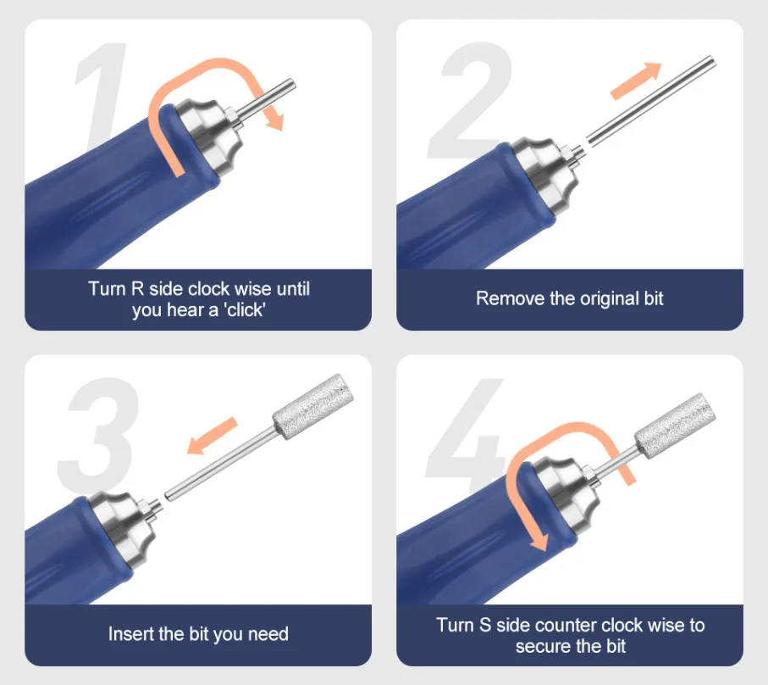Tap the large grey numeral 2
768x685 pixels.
tap(470, 101)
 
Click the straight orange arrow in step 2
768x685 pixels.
tap(636, 81)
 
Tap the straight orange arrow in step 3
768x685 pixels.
tap(212, 436)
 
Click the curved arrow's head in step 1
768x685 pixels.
tap(274, 120)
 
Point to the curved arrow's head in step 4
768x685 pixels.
tap(539, 540)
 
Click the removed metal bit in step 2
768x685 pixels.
tap(651, 101)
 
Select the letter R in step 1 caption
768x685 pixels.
tap(138, 289)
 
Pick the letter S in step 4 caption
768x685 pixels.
tap(485, 625)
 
